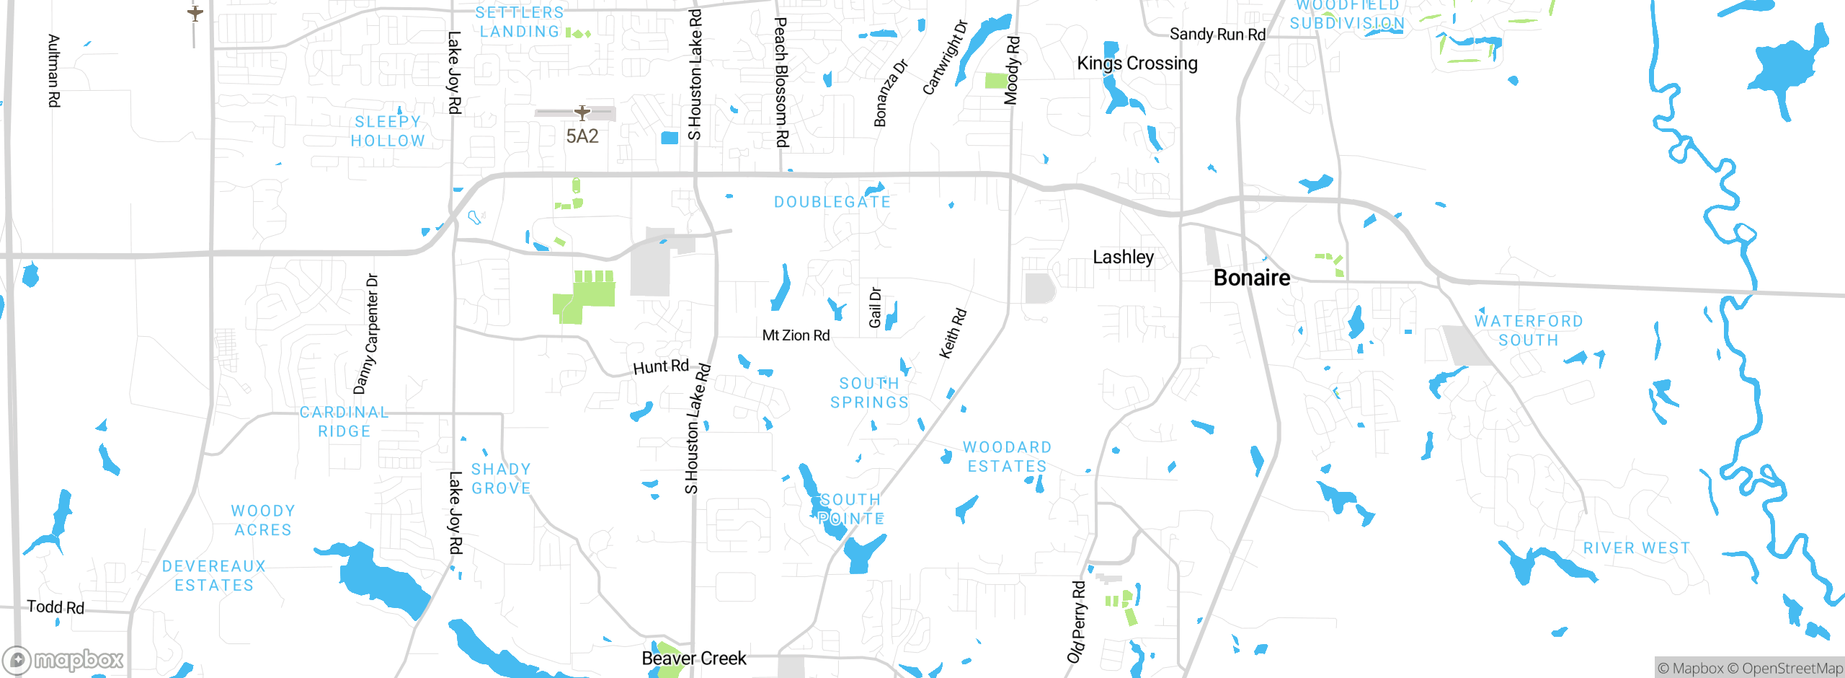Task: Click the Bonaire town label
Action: (1252, 278)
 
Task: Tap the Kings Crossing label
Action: (1137, 63)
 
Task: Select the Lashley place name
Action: (1123, 257)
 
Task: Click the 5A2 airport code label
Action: (582, 136)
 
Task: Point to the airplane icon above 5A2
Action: (582, 113)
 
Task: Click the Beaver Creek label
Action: (694, 659)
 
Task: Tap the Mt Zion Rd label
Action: (796, 335)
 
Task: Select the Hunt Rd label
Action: (661, 366)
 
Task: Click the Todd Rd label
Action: (55, 607)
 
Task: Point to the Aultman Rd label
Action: (53, 71)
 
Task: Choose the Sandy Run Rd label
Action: (1217, 34)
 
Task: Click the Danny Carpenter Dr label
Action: (366, 333)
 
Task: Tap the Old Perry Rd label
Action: (1077, 622)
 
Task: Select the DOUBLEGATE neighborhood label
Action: (832, 202)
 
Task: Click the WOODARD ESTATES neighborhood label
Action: (1008, 457)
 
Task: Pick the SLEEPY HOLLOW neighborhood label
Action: (388, 131)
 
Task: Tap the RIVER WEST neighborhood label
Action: (1636, 548)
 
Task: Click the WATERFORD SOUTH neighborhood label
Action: (1529, 330)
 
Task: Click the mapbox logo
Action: (63, 659)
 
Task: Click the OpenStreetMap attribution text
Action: (1792, 669)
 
